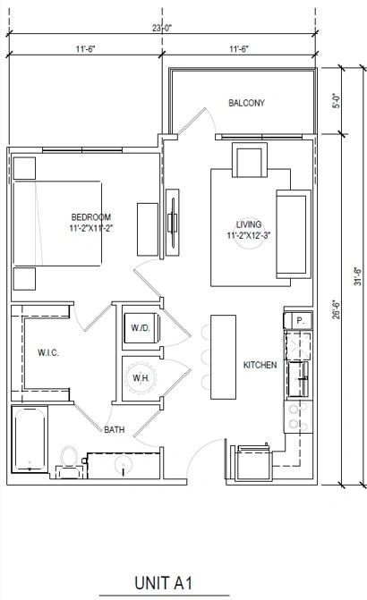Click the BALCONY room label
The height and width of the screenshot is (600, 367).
click(x=246, y=104)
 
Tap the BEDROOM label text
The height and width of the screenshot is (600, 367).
click(x=91, y=217)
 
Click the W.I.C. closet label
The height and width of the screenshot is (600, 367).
click(x=47, y=353)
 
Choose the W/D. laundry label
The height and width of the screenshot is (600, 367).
click(x=141, y=328)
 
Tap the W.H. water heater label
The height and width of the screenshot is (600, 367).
click(x=141, y=378)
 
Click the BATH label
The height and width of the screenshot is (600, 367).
click(x=114, y=430)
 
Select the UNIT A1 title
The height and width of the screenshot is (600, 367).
click(x=164, y=582)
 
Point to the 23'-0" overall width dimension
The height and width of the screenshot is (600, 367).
click(x=163, y=29)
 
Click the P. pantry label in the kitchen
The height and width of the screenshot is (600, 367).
click(x=299, y=319)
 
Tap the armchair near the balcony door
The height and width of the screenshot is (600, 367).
click(x=245, y=161)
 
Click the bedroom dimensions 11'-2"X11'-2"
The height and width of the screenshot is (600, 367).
click(x=91, y=229)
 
